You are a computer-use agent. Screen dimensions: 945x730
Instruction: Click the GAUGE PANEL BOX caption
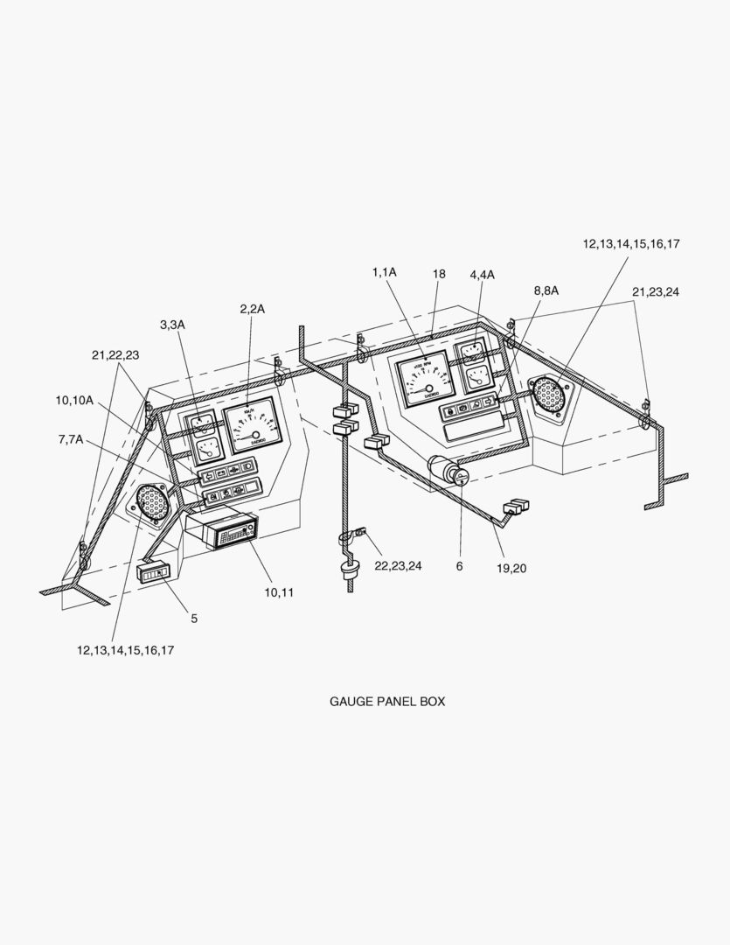[x=386, y=701]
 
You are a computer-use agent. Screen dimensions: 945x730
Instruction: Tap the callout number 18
[x=438, y=274]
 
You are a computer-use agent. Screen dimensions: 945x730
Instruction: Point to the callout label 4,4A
[x=482, y=275]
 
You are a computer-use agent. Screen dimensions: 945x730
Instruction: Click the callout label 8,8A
[x=546, y=290]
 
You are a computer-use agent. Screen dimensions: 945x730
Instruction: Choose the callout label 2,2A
[x=252, y=308]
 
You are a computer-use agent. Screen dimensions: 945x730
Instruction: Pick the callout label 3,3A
[x=172, y=325]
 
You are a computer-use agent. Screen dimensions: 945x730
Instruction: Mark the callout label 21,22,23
[x=115, y=354]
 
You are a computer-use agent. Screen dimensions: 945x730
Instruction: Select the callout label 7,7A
[x=71, y=438]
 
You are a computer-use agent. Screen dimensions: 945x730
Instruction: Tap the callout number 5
[x=194, y=618]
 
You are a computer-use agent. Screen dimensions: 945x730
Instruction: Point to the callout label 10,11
[x=280, y=592]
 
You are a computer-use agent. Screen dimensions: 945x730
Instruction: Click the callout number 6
[x=459, y=566]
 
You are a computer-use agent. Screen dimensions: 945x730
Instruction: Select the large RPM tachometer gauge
[x=426, y=379]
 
